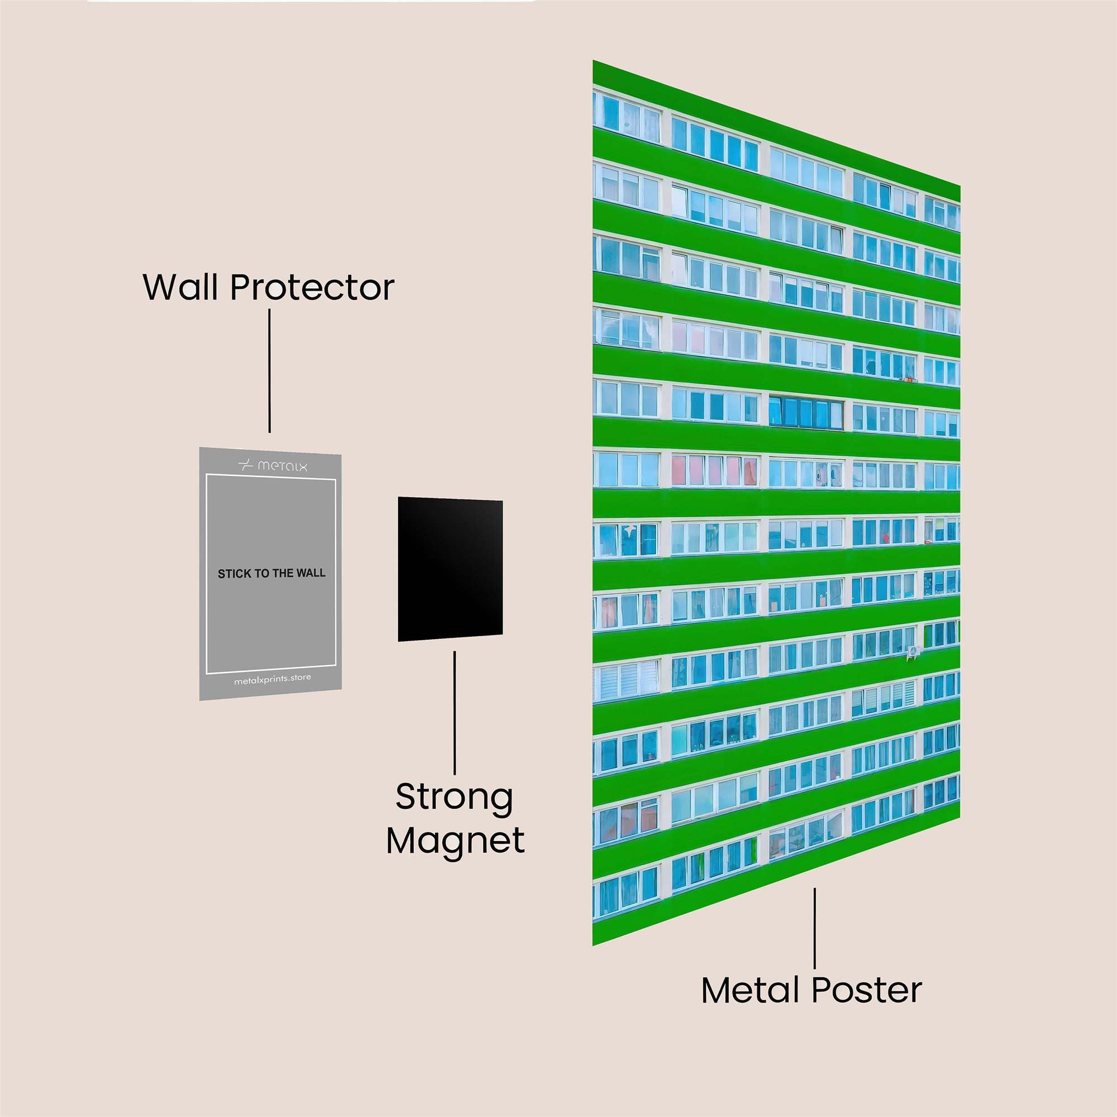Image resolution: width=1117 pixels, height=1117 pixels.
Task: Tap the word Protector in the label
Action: point(312,287)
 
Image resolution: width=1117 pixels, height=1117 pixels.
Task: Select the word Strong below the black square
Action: point(455,798)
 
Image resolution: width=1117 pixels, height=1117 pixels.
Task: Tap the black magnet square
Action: point(450,569)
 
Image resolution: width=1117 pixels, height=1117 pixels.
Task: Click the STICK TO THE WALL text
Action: point(271,574)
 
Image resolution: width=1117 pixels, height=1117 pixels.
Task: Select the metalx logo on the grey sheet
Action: point(273,465)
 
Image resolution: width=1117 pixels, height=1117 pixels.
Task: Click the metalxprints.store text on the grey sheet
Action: point(273,679)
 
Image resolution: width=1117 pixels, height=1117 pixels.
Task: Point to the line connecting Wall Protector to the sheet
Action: point(269,370)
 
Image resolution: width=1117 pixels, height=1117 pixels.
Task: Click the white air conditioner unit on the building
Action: point(913,652)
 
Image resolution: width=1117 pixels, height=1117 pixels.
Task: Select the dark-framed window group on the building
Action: point(805,412)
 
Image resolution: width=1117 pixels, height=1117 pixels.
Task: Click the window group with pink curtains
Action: point(715,470)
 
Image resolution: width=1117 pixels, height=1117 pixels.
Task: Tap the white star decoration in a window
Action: point(630,529)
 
